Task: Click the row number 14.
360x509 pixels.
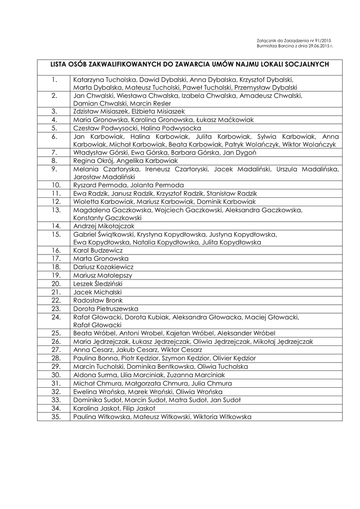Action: (x=56, y=226)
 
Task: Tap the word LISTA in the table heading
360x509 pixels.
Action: (x=60, y=64)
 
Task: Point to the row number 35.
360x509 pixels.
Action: (x=56, y=417)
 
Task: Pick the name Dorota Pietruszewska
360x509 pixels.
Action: (x=105, y=309)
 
